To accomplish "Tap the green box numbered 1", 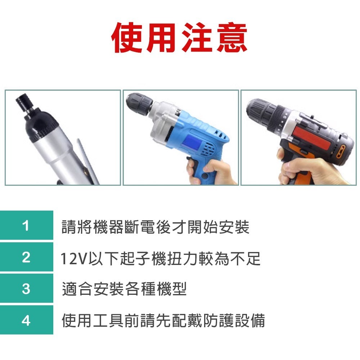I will (26, 226).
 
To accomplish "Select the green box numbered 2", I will (26, 257).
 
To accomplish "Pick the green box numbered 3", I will (26, 288).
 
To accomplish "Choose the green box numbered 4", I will (26, 320).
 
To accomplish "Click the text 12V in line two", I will (73, 258).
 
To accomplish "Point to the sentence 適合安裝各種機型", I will (124, 289).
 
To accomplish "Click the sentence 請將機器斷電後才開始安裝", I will (155, 227).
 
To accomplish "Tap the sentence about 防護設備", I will (163, 320).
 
